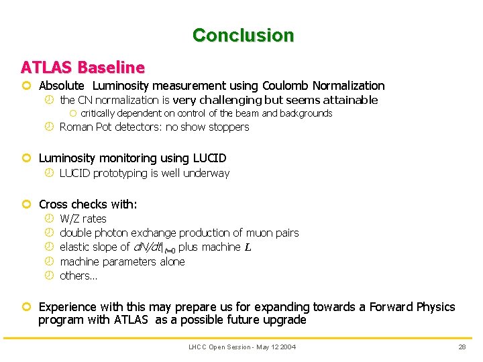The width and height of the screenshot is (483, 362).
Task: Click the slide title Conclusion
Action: point(243,35)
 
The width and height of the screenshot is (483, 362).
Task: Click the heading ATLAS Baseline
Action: point(83,67)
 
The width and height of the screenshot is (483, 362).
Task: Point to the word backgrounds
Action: point(309,113)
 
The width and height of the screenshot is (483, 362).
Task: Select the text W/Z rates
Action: point(83,219)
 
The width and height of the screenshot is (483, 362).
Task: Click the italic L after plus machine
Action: point(248,247)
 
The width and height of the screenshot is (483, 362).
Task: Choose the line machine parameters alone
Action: point(122,261)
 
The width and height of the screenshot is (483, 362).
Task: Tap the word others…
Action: point(78,276)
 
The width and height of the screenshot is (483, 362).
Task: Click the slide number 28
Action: point(462,347)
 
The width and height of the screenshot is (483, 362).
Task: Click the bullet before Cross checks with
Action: point(26,204)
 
